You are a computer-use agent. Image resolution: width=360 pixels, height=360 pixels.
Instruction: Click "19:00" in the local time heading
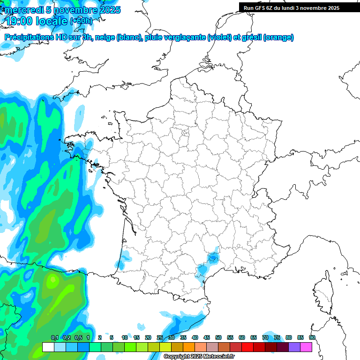(x=19, y=21)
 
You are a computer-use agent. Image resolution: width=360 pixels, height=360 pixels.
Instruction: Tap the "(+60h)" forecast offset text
(x=81, y=21)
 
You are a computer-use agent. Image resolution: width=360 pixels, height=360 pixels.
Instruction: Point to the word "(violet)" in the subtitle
(x=220, y=37)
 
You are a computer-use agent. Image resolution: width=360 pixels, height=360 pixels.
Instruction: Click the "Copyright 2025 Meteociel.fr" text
(x=199, y=357)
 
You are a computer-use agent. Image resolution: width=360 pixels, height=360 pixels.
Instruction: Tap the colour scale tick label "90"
(x=312, y=337)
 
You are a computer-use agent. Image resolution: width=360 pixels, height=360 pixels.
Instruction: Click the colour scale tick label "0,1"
(x=54, y=337)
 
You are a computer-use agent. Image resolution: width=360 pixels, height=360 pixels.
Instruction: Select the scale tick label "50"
(x=218, y=337)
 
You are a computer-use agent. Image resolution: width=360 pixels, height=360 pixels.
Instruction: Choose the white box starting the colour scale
(x=48, y=347)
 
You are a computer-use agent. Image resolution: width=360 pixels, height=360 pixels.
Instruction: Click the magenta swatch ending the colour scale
(x=306, y=347)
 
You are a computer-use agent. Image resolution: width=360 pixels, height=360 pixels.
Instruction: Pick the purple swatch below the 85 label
(x=294, y=347)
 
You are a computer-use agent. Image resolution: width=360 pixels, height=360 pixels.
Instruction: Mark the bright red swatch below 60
(x=247, y=347)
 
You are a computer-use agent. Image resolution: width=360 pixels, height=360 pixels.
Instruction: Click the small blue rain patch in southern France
(x=213, y=257)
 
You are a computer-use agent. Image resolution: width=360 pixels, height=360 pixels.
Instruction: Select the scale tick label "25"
(x=160, y=337)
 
